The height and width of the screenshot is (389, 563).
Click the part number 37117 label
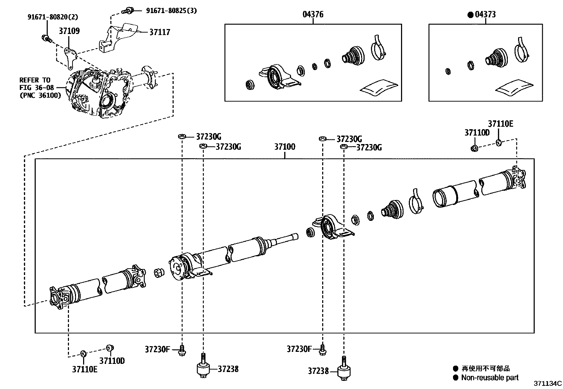[159, 32]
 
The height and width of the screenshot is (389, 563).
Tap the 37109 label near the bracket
[69, 31]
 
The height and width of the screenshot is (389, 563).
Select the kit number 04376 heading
[313, 15]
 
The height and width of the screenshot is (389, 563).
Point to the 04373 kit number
[485, 15]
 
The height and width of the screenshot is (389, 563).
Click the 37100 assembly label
[285, 147]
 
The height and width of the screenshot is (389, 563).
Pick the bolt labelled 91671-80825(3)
[128, 11]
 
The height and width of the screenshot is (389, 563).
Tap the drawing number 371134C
[547, 383]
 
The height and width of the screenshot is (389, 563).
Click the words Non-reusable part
[490, 377]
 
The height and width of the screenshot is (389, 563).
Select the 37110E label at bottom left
[85, 369]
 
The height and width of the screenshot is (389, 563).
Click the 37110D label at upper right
[477, 132]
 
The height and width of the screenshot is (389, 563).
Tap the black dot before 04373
[470, 15]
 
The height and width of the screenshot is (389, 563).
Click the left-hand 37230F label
[157, 349]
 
